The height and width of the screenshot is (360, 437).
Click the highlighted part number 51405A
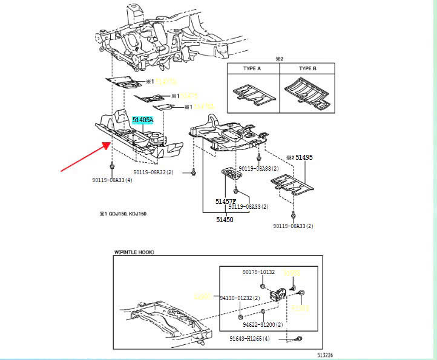(x=143, y=120)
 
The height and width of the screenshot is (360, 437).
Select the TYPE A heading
(x=252, y=69)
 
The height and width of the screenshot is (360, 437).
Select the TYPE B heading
(x=306, y=69)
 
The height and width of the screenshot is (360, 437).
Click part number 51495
(x=304, y=157)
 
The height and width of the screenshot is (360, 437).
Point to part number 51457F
(x=225, y=201)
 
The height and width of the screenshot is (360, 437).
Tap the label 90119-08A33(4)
(x=112, y=181)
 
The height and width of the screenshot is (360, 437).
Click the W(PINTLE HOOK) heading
(x=135, y=252)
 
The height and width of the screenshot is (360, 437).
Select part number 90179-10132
(x=258, y=273)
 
